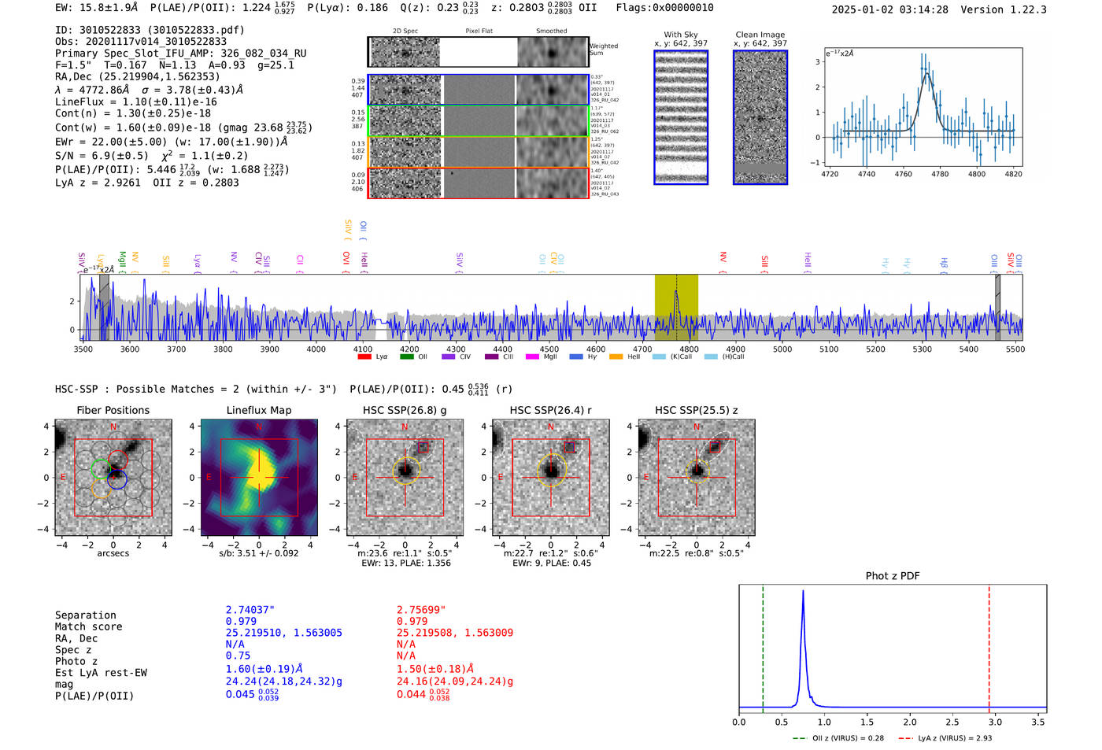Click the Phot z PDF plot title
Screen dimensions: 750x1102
coord(892,576)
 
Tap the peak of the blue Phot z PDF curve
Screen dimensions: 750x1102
coord(803,591)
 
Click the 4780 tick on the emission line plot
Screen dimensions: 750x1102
coord(940,174)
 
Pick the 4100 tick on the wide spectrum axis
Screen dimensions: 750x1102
coord(363,349)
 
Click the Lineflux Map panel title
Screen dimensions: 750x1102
coord(258,410)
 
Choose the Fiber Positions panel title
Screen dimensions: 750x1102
coord(113,410)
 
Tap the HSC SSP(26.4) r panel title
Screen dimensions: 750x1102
coord(550,410)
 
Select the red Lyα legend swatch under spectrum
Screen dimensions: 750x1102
coord(364,357)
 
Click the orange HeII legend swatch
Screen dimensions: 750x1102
coord(616,357)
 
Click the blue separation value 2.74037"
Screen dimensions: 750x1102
coord(250,610)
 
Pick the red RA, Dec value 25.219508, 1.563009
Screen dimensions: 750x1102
coord(454,633)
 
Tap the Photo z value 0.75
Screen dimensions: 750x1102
coord(238,656)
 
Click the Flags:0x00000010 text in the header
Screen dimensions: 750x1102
coord(664,8)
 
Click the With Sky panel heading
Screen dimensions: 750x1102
coord(680,35)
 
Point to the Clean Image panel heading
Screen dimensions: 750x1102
coord(760,35)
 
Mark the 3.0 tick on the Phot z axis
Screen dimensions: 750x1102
coord(995,722)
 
